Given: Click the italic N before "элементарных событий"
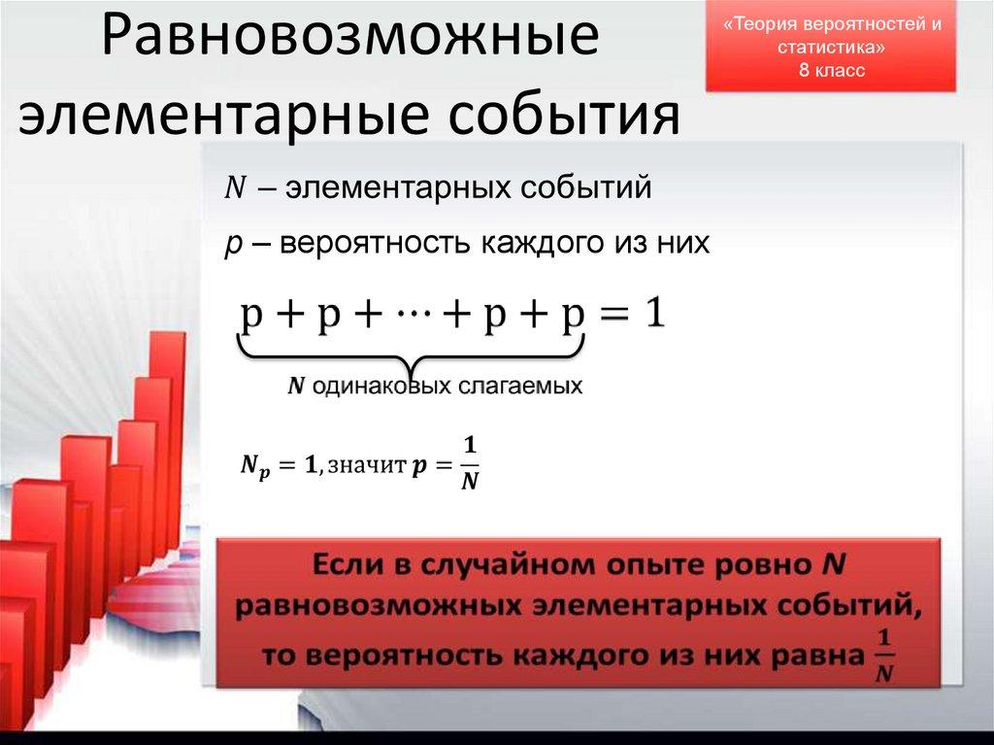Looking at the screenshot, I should (x=235, y=187).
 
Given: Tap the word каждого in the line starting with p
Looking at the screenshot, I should (x=545, y=242).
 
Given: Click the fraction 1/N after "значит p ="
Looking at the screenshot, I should (x=470, y=463).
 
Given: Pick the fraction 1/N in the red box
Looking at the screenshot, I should (x=882, y=658).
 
